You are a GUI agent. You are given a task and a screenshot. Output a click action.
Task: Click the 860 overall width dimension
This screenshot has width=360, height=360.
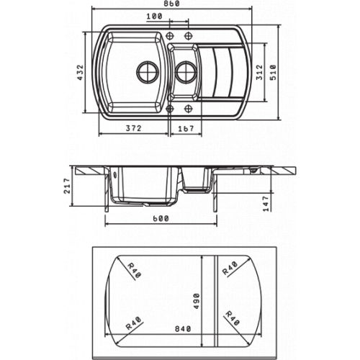pos(173,4)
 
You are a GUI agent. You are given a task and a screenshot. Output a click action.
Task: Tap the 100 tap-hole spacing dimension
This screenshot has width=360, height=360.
pos(154,17)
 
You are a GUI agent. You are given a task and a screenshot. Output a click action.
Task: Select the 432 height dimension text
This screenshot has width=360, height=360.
pos(80,72)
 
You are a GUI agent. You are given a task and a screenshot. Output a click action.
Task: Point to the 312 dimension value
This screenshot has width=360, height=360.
pos(259,72)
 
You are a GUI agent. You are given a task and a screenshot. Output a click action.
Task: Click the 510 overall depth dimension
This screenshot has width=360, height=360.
pos(273,72)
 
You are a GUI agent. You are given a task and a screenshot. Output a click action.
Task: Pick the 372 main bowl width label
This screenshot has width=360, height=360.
pos(134,128)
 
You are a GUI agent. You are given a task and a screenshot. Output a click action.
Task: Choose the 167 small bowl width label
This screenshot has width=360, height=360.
pos(186,129)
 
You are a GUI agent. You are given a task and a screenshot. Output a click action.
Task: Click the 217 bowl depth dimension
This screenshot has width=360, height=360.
pos(67,186)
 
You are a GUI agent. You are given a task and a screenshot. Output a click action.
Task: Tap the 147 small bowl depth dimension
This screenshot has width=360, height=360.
pos(266,204)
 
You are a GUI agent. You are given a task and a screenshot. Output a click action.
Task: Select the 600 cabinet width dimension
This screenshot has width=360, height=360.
pos(161,219)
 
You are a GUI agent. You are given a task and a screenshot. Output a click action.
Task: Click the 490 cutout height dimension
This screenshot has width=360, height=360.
pos(197,301)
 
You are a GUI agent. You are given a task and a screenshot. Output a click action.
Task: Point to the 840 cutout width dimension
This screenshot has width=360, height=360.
pos(183,328)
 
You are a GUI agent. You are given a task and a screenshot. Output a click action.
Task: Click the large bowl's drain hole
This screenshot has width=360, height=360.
pos(148,71)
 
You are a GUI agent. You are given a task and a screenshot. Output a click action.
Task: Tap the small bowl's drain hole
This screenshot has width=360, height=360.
pos(186,71)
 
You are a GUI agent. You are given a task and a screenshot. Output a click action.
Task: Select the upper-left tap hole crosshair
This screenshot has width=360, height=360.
pos(170,35)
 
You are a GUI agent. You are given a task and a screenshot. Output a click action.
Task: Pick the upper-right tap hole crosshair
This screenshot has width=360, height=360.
pos(189,35)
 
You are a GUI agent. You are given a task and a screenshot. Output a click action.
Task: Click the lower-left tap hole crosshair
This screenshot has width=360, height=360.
pos(170,109)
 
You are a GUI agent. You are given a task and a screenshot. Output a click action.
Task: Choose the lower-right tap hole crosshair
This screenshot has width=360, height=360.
pos(189,109)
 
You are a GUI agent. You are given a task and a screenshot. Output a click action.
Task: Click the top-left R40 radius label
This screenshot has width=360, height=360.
pos(134,271)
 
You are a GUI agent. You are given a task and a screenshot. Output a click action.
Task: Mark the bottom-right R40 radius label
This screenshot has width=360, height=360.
pos(233,318)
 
